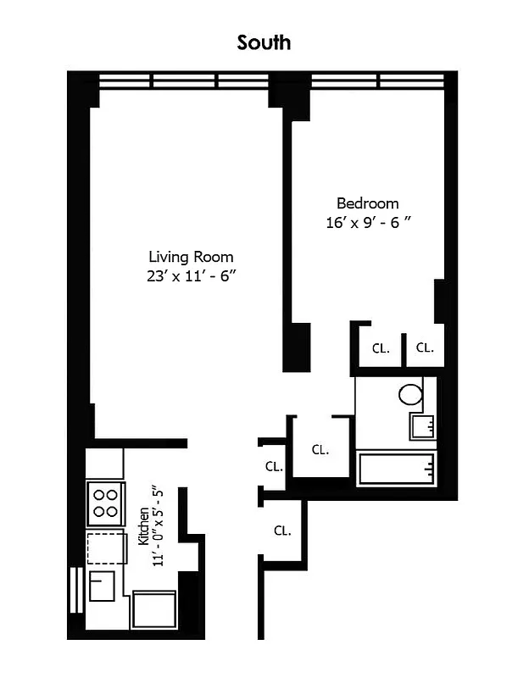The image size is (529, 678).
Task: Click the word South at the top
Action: (264, 42)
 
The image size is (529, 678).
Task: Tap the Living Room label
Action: (191, 257)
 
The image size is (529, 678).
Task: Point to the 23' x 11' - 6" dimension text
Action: (191, 275)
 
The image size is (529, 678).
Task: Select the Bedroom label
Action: (367, 203)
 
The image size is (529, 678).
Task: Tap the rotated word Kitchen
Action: (144, 526)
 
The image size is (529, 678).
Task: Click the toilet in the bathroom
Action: (411, 394)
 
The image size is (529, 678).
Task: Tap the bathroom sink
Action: (421, 425)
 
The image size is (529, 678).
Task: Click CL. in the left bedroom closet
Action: (381, 347)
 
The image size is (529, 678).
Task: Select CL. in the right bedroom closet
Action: (424, 347)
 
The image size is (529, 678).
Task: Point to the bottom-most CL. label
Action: (282, 531)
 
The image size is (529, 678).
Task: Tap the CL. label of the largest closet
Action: (320, 450)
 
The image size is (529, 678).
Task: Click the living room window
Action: (183, 81)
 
